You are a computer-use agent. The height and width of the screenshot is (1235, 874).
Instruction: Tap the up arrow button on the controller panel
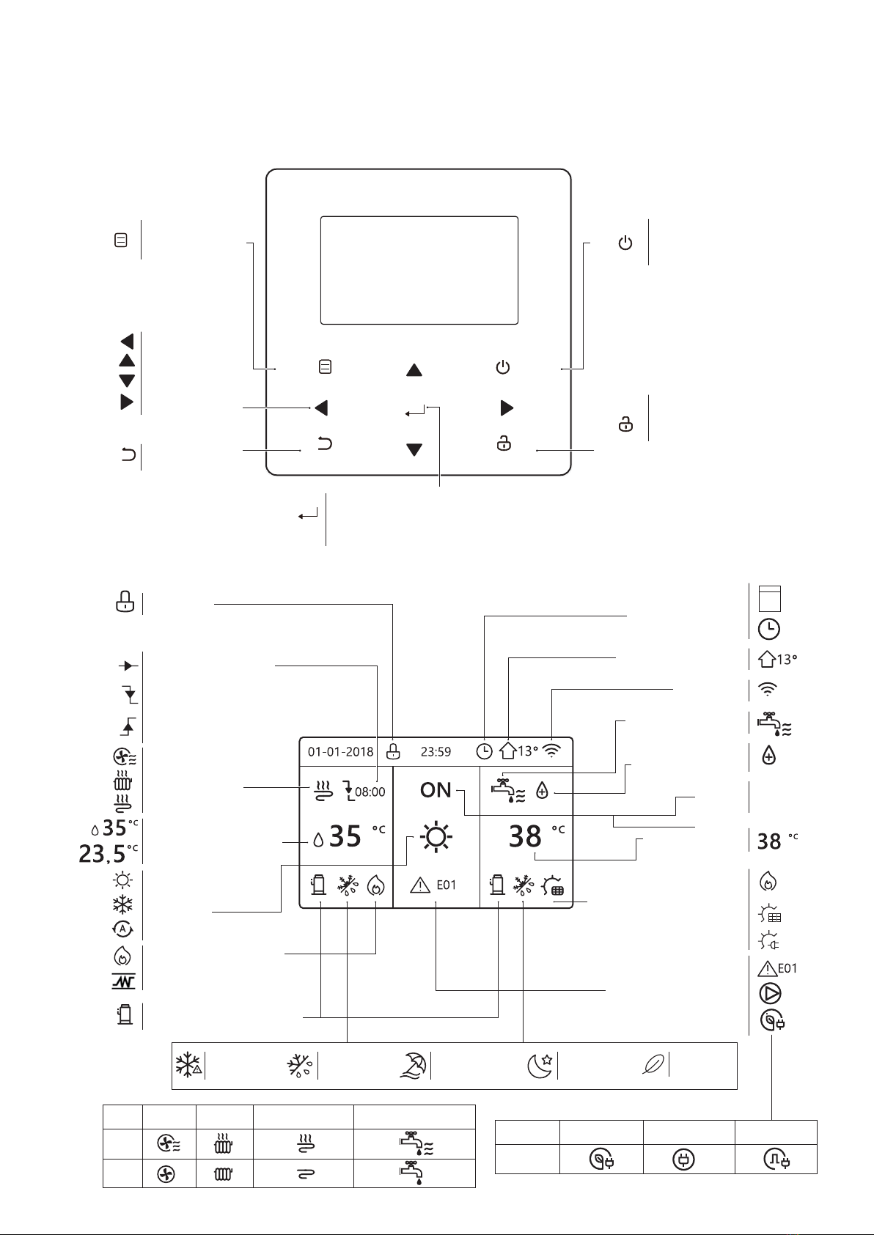pyautogui.click(x=414, y=370)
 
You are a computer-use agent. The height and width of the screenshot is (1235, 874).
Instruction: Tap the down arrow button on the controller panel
pyautogui.click(x=414, y=449)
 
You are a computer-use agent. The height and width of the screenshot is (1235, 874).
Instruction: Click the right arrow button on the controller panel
pyautogui.click(x=506, y=408)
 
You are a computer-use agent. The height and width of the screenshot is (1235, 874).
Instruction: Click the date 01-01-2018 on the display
pyautogui.click(x=340, y=751)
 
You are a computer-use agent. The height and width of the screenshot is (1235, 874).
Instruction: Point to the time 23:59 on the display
pyautogui.click(x=436, y=751)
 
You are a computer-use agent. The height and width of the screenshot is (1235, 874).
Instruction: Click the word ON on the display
pyautogui.click(x=436, y=790)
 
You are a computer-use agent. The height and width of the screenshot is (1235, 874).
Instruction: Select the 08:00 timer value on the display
pyautogui.click(x=370, y=792)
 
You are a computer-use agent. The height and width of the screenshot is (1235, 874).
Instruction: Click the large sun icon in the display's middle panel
pyautogui.click(x=436, y=837)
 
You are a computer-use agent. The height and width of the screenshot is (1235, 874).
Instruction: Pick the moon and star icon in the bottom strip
pyautogui.click(x=540, y=1065)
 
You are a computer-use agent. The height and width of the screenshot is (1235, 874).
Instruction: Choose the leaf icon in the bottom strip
pyautogui.click(x=653, y=1065)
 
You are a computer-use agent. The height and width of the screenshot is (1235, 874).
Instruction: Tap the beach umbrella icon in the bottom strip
pyautogui.click(x=413, y=1065)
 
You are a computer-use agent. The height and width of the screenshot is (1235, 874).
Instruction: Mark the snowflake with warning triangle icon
pyautogui.click(x=188, y=1065)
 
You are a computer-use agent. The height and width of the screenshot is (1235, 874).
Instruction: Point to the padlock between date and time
pyautogui.click(x=394, y=751)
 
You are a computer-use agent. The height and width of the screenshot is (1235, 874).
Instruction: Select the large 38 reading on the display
pyautogui.click(x=525, y=836)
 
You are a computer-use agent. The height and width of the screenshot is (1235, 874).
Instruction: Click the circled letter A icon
pyautogui.click(x=122, y=929)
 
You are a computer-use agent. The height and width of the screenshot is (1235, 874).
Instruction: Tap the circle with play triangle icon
pyautogui.click(x=769, y=994)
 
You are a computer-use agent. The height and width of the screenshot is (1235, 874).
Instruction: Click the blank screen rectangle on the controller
pyautogui.click(x=419, y=270)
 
